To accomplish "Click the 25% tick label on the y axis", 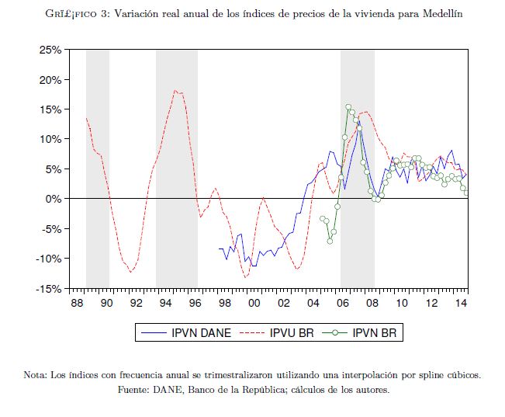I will [x=51, y=50].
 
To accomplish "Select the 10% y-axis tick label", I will [x=51, y=140].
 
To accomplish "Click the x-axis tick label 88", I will [x=76, y=302].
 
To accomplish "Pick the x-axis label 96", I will [x=195, y=302].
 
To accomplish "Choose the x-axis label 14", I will [x=461, y=302].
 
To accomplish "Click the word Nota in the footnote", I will [x=35, y=375].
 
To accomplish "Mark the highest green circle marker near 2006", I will [x=348, y=107].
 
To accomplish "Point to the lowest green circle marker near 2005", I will [x=330, y=241].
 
